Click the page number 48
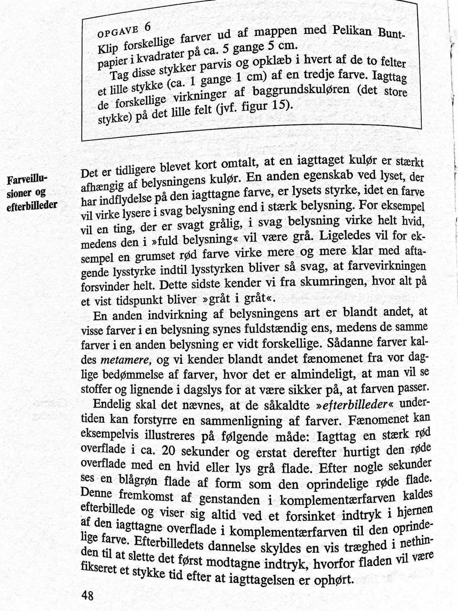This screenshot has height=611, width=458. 87,595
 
